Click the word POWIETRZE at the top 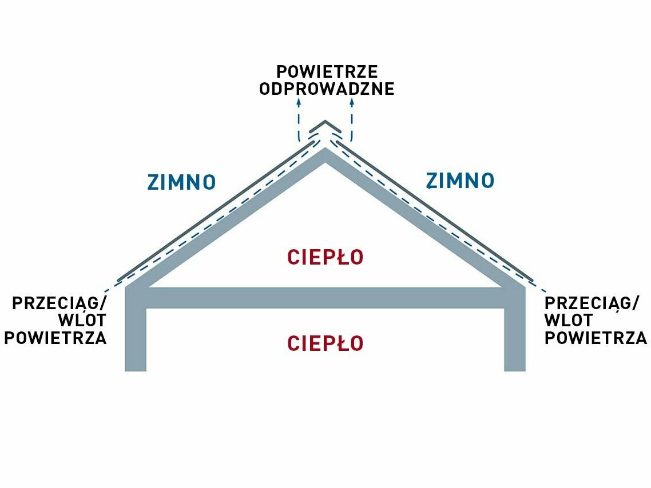pos(327,72)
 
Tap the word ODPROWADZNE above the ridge pos(327,89)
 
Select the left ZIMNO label pos(182,182)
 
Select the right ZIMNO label pos(460,181)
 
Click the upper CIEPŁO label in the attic pos(325,258)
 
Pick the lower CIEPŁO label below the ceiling pos(325,343)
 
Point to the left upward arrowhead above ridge pos(299,102)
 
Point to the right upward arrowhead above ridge pos(352,102)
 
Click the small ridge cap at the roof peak pos(325,127)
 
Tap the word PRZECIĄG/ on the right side pos(591,303)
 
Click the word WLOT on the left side pos(82,320)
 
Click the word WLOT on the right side pos(569,320)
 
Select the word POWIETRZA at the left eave pos(55,338)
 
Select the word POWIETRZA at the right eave pos(596,338)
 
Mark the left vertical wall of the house pos(136,337)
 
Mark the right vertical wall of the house pos(514,337)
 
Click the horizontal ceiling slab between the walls pos(325,298)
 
